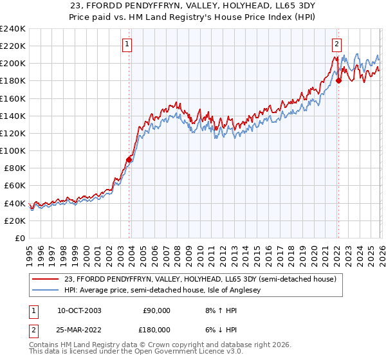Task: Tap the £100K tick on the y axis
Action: (12, 150)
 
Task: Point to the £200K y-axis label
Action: (12, 63)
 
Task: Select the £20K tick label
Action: (14, 221)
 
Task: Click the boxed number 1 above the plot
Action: (127, 44)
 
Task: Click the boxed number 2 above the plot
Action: (336, 44)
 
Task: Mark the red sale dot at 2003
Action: (129, 159)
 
